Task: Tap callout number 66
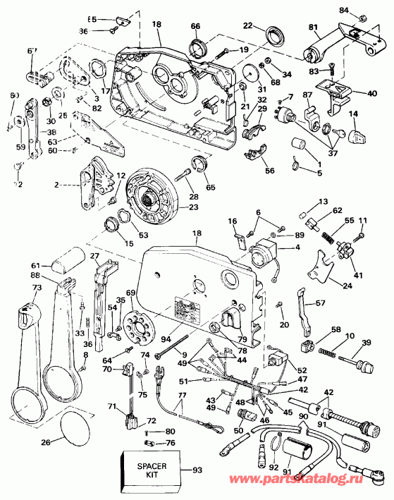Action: coord(195,26)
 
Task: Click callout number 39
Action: coord(366,343)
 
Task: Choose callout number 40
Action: coord(372,93)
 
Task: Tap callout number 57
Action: coord(320,304)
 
